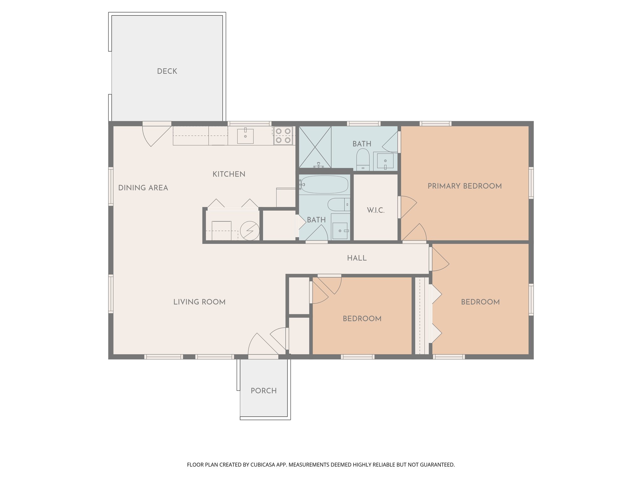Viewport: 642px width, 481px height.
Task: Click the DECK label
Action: pyautogui.click(x=167, y=71)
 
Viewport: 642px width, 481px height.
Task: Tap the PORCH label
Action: pyautogui.click(x=263, y=391)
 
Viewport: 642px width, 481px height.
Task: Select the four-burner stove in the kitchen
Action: pyautogui.click(x=283, y=136)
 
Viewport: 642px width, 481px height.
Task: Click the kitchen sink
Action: pyautogui.click(x=245, y=136)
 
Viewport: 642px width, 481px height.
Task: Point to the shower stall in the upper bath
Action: pyautogui.click(x=315, y=147)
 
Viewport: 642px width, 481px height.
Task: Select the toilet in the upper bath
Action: pyautogui.click(x=363, y=159)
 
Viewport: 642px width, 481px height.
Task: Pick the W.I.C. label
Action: pyautogui.click(x=376, y=210)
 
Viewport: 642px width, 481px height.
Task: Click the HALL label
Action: pyautogui.click(x=357, y=258)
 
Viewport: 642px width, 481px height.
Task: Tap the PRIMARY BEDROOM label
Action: pyautogui.click(x=465, y=186)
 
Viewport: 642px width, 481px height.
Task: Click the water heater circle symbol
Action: pyautogui.click(x=250, y=231)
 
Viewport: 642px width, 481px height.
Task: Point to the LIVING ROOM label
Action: pyautogui.click(x=199, y=302)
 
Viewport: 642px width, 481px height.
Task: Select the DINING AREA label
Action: pyautogui.click(x=143, y=188)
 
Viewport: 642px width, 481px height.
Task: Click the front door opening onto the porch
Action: pyautogui.click(x=263, y=356)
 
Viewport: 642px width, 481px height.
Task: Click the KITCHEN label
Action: pyautogui.click(x=229, y=174)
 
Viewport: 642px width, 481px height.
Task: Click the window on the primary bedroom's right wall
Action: pyautogui.click(x=531, y=183)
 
